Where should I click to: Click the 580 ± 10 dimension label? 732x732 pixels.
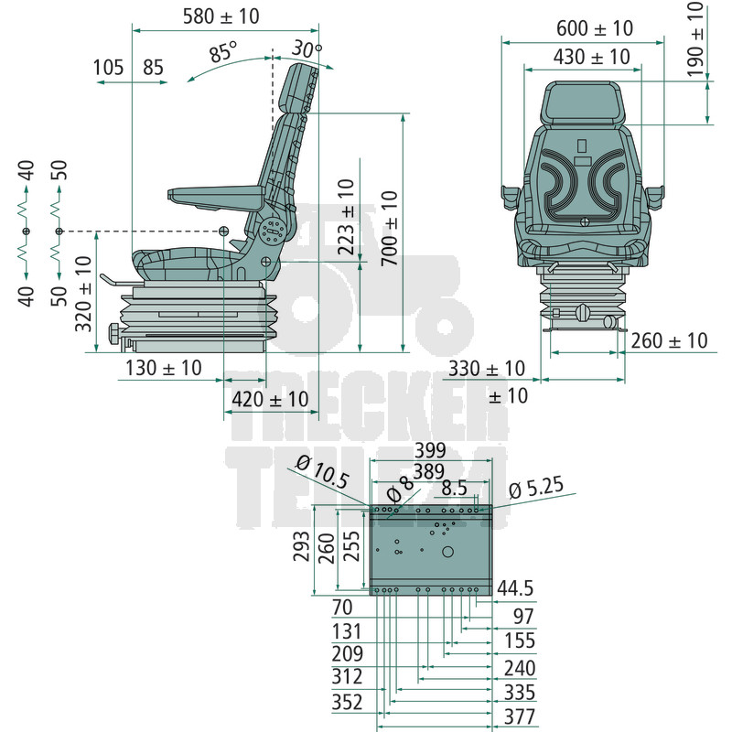tap(221, 16)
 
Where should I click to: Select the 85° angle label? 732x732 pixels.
tap(223, 51)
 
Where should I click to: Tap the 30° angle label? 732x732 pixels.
tap(307, 48)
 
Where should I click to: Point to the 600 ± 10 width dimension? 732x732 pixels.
tap(594, 28)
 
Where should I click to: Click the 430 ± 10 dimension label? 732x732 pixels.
tap(591, 57)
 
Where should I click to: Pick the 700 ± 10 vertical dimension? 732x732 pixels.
tap(390, 228)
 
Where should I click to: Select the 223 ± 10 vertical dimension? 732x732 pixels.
tap(346, 217)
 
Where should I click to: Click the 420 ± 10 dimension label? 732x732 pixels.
tap(270, 399)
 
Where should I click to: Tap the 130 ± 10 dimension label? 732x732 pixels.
tap(164, 368)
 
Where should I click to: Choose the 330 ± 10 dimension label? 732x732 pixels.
tap(487, 369)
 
